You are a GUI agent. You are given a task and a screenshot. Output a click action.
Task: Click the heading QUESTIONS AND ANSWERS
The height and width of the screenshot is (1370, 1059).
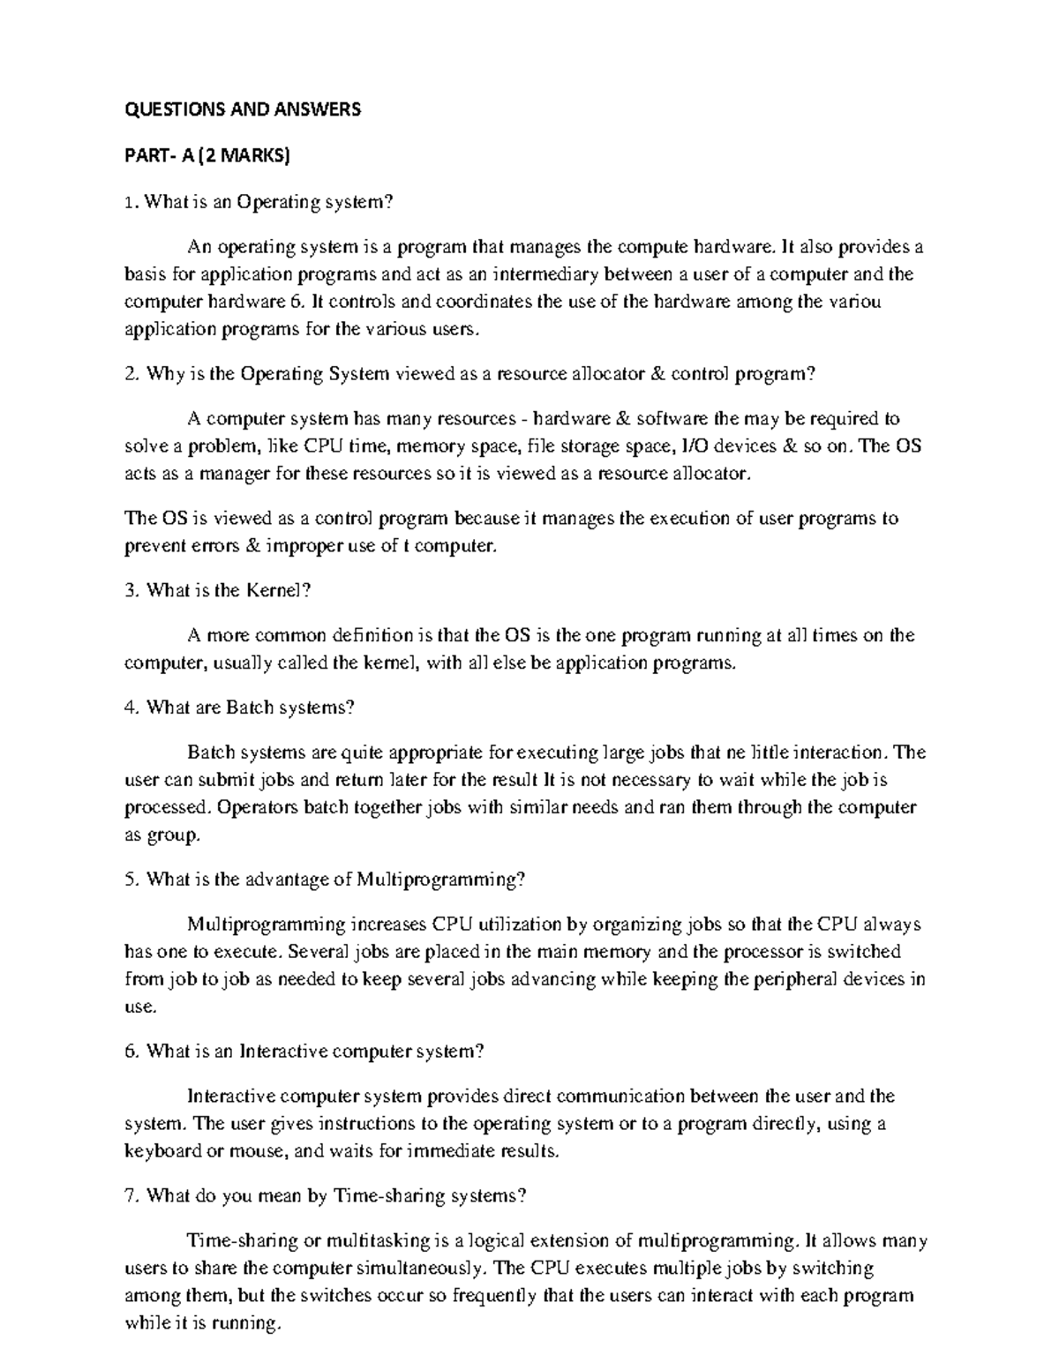[x=243, y=110]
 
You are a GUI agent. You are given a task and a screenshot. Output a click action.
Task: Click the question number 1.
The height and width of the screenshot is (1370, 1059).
[x=129, y=202]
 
